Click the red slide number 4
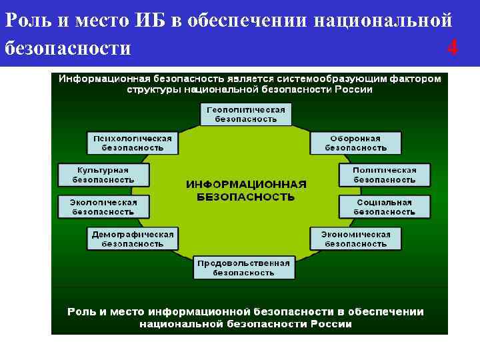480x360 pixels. [x=453, y=48]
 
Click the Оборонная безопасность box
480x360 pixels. [x=355, y=143]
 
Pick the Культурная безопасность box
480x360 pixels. [x=103, y=175]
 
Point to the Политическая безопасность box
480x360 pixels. [x=384, y=175]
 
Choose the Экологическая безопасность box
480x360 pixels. [x=103, y=207]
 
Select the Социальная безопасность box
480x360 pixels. [x=384, y=207]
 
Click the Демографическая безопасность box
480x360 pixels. [x=133, y=239]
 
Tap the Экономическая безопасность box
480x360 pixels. [x=355, y=239]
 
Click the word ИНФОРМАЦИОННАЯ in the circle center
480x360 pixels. [x=246, y=184]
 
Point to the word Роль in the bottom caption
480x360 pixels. [x=82, y=311]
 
